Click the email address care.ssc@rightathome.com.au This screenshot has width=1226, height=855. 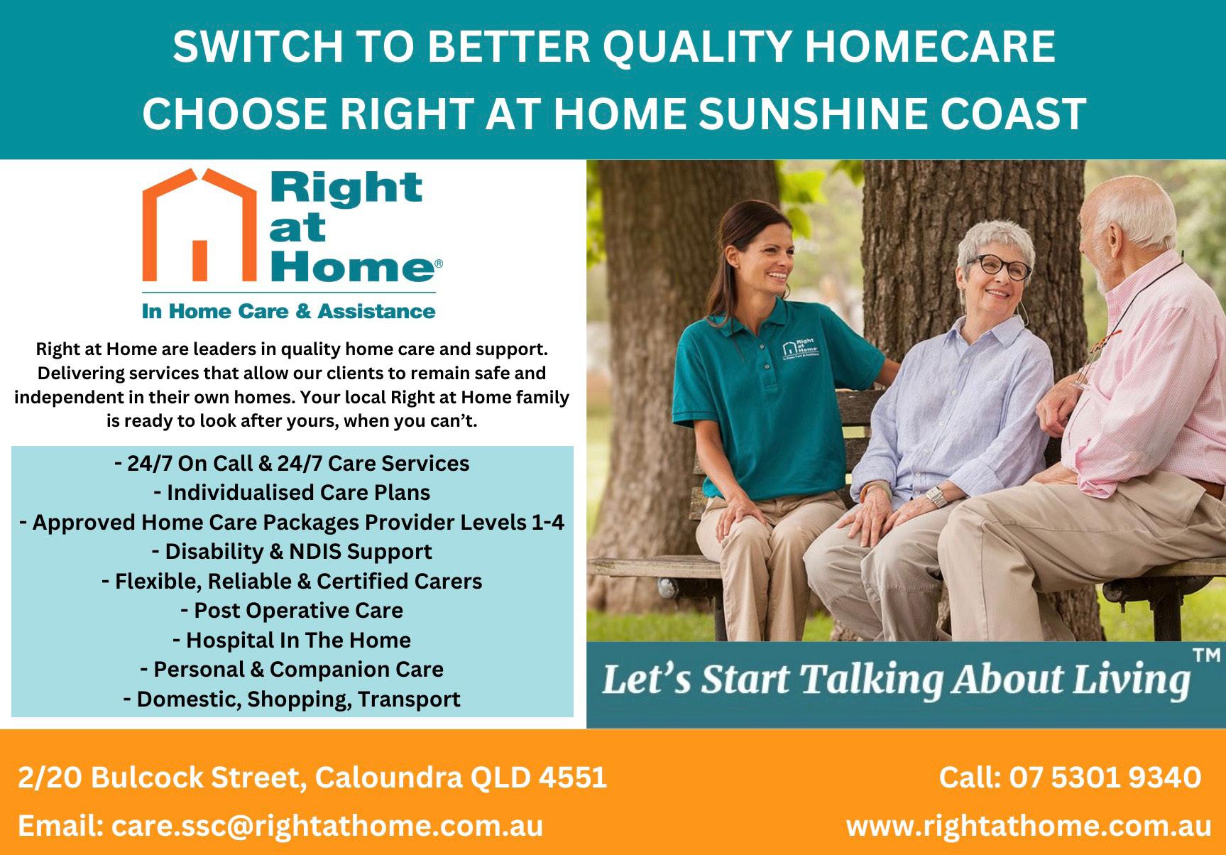pos(327,826)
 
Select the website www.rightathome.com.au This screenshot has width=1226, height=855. pos(1029,826)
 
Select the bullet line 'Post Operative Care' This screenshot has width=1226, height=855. pos(292,611)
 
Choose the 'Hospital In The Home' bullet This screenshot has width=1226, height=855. pos(292,641)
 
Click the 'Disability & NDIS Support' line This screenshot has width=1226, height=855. pos(292,552)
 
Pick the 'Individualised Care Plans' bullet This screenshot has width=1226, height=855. pos(292,493)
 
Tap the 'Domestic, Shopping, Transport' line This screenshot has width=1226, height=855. pos(292,699)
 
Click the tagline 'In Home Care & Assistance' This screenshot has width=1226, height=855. pos(289,311)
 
